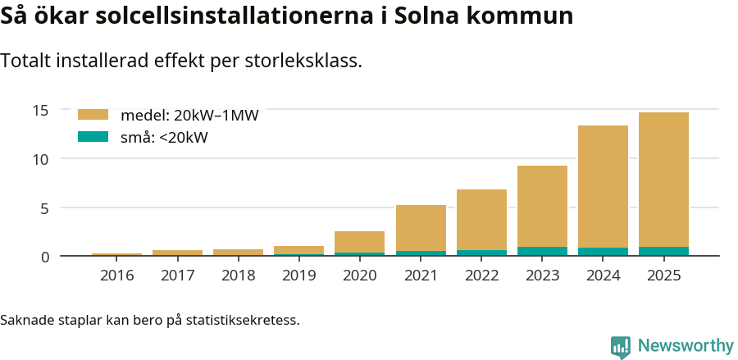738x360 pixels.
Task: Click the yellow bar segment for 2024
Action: (x=603, y=186)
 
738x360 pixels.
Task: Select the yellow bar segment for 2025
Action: (x=663, y=180)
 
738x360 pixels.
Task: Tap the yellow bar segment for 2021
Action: (x=421, y=228)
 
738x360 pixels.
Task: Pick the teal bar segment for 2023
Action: (x=542, y=251)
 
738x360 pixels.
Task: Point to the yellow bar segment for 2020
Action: (x=359, y=242)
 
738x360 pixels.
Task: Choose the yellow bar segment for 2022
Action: (x=481, y=220)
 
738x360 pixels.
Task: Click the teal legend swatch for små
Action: (x=93, y=137)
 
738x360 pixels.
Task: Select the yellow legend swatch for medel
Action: (x=93, y=115)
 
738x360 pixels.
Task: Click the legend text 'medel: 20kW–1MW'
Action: (x=189, y=116)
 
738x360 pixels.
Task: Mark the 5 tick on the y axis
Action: (x=46, y=207)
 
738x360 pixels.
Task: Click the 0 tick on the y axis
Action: (x=46, y=257)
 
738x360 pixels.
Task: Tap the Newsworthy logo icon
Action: (x=621, y=347)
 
